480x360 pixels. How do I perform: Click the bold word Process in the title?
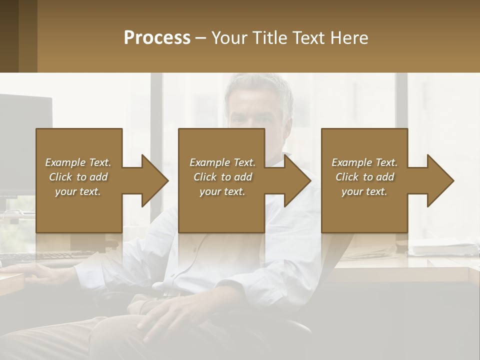click(157, 37)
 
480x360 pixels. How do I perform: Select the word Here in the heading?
click(349, 37)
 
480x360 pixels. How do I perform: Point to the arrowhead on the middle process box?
click(296, 180)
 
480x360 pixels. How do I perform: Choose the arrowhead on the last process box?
click(439, 180)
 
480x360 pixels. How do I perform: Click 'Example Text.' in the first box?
click(78, 162)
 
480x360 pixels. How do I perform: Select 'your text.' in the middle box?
click(222, 191)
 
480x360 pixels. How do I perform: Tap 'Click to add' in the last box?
click(364, 177)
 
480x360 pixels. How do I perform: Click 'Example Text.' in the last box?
click(364, 162)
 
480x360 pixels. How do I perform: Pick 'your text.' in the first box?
click(78, 191)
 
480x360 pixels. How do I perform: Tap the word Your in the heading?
click(229, 37)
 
